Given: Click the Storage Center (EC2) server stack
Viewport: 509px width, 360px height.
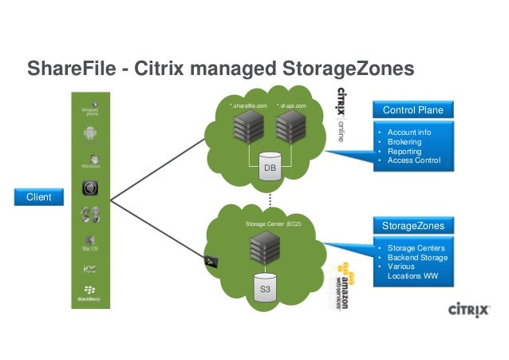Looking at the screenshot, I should tap(263, 249).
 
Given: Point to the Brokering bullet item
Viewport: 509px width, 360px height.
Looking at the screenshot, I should tap(404, 141).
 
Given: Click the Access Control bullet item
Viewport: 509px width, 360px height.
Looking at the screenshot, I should tap(412, 160).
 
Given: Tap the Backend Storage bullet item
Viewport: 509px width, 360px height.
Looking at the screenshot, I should tap(416, 258).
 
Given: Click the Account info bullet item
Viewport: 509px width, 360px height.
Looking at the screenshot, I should tap(408, 132).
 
